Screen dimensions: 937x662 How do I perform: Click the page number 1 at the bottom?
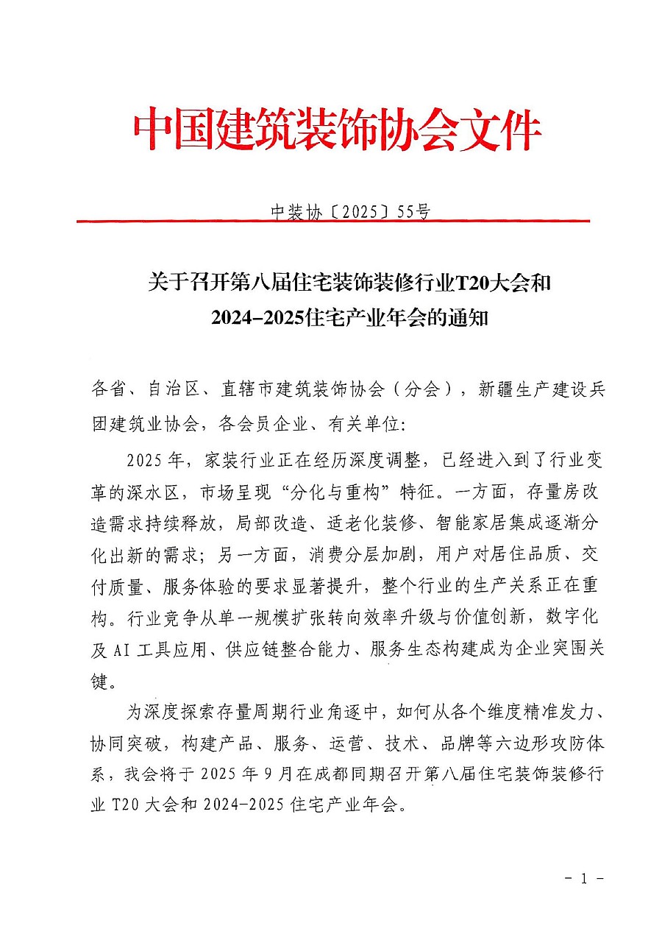[583, 878]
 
